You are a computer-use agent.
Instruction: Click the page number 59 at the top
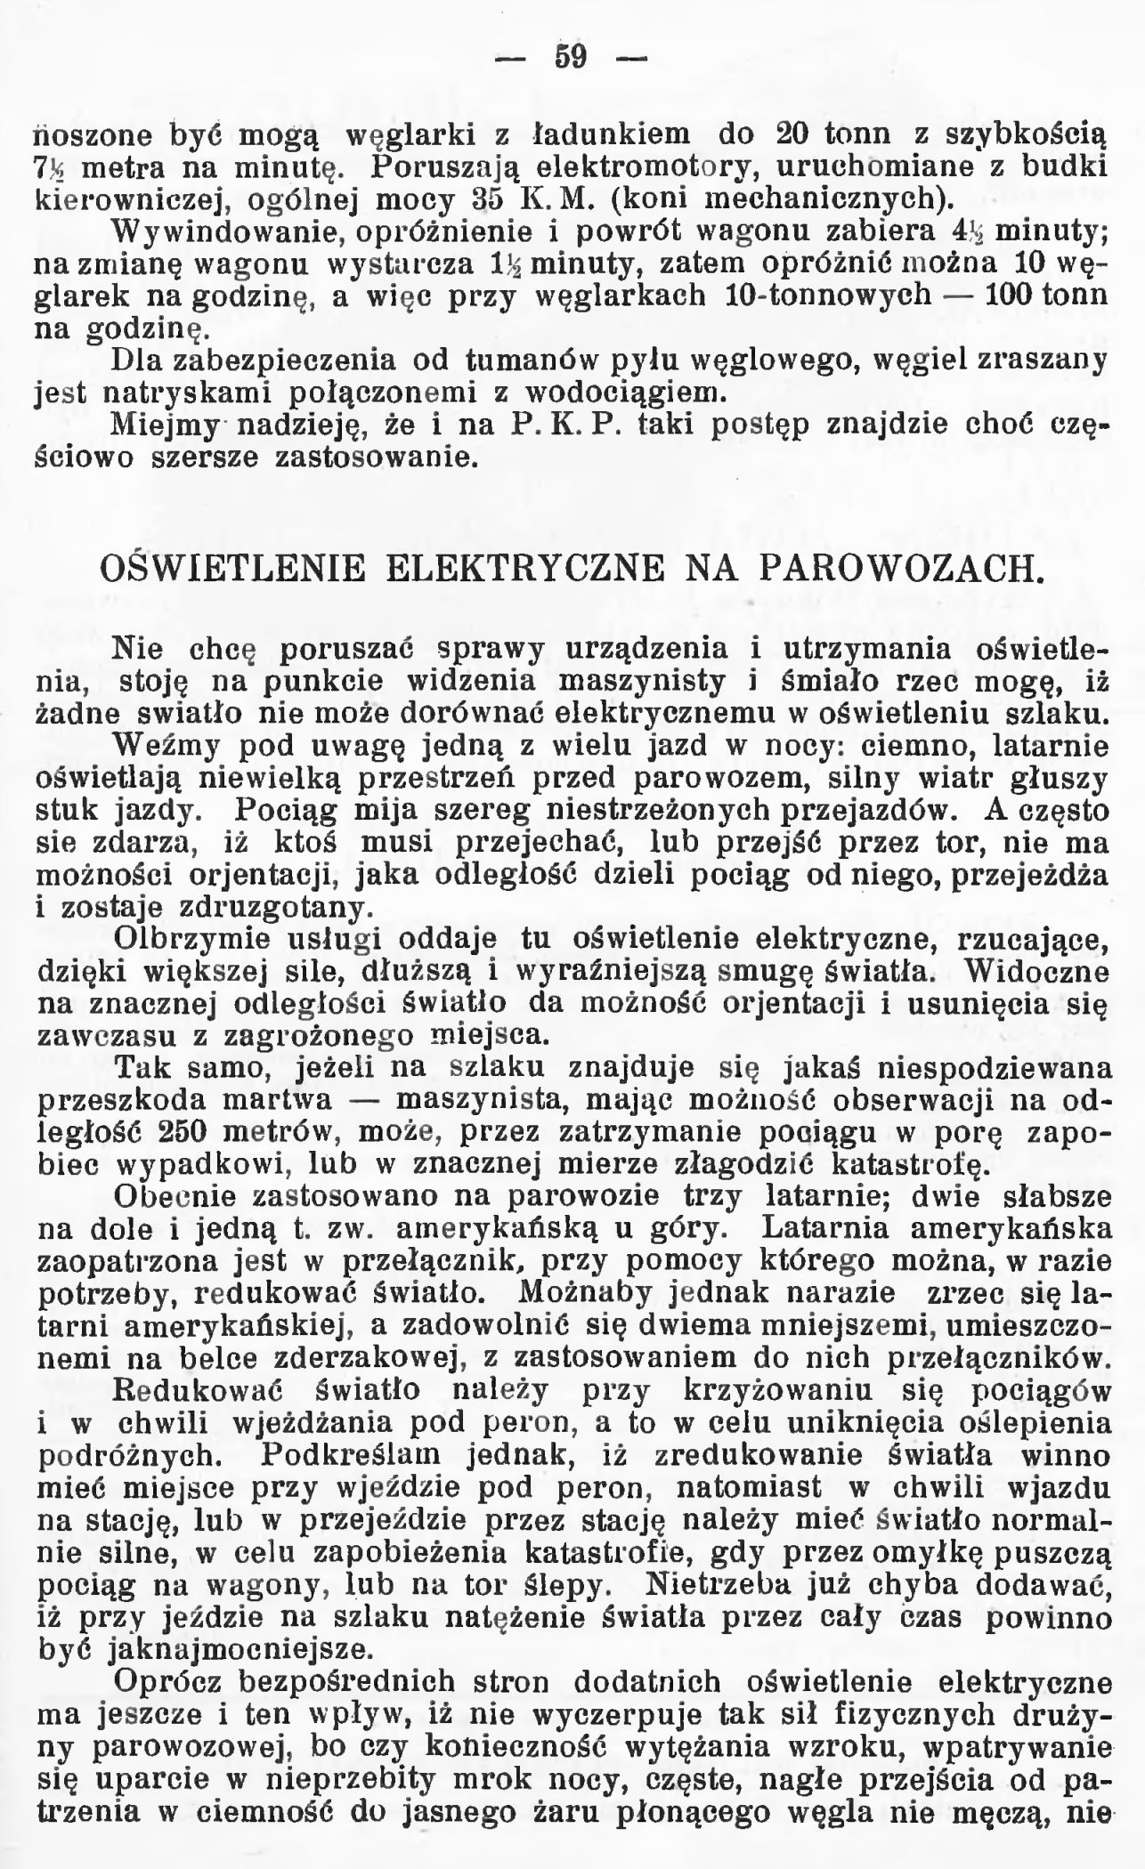coord(570,58)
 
